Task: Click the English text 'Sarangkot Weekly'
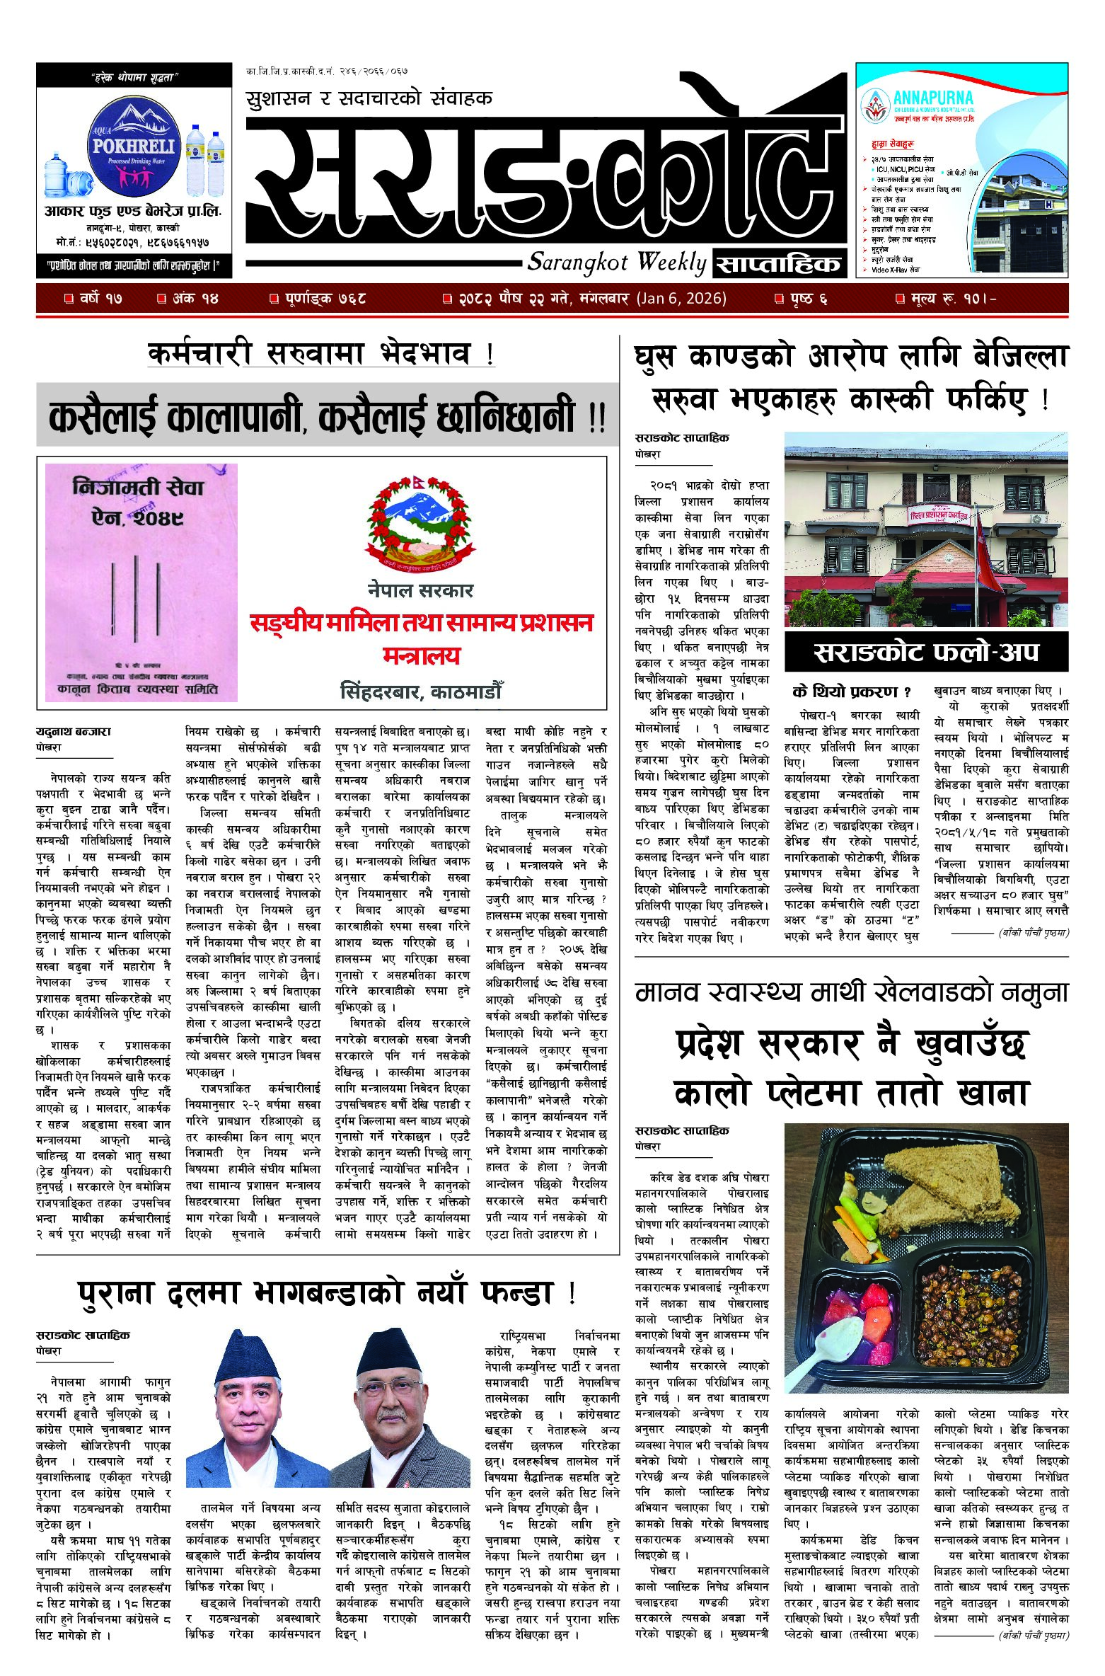click(616, 263)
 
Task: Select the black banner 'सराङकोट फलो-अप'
click(926, 652)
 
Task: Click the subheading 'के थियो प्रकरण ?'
click(852, 691)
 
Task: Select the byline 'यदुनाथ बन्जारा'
click(74, 731)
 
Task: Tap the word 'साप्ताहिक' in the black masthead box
click(779, 265)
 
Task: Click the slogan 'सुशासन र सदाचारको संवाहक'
click(369, 98)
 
